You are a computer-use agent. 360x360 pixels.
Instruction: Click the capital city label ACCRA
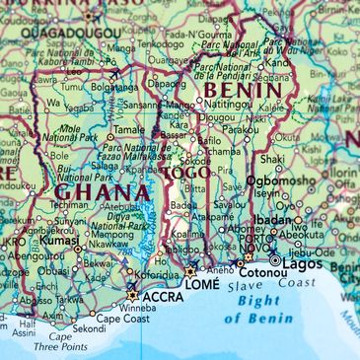[x=164, y=296]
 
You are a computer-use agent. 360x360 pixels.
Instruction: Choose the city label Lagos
[x=304, y=263]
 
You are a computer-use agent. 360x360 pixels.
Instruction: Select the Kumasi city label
[x=59, y=240]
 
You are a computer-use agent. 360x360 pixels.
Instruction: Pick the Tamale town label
[x=128, y=128]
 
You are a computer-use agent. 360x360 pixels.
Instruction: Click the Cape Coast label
[x=122, y=319]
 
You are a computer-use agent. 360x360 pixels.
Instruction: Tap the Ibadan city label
[x=274, y=219]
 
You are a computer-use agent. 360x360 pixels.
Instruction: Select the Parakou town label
[x=240, y=129]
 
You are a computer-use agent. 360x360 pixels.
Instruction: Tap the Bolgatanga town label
[x=113, y=87]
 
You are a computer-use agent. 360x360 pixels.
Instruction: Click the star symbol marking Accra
[x=133, y=293]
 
